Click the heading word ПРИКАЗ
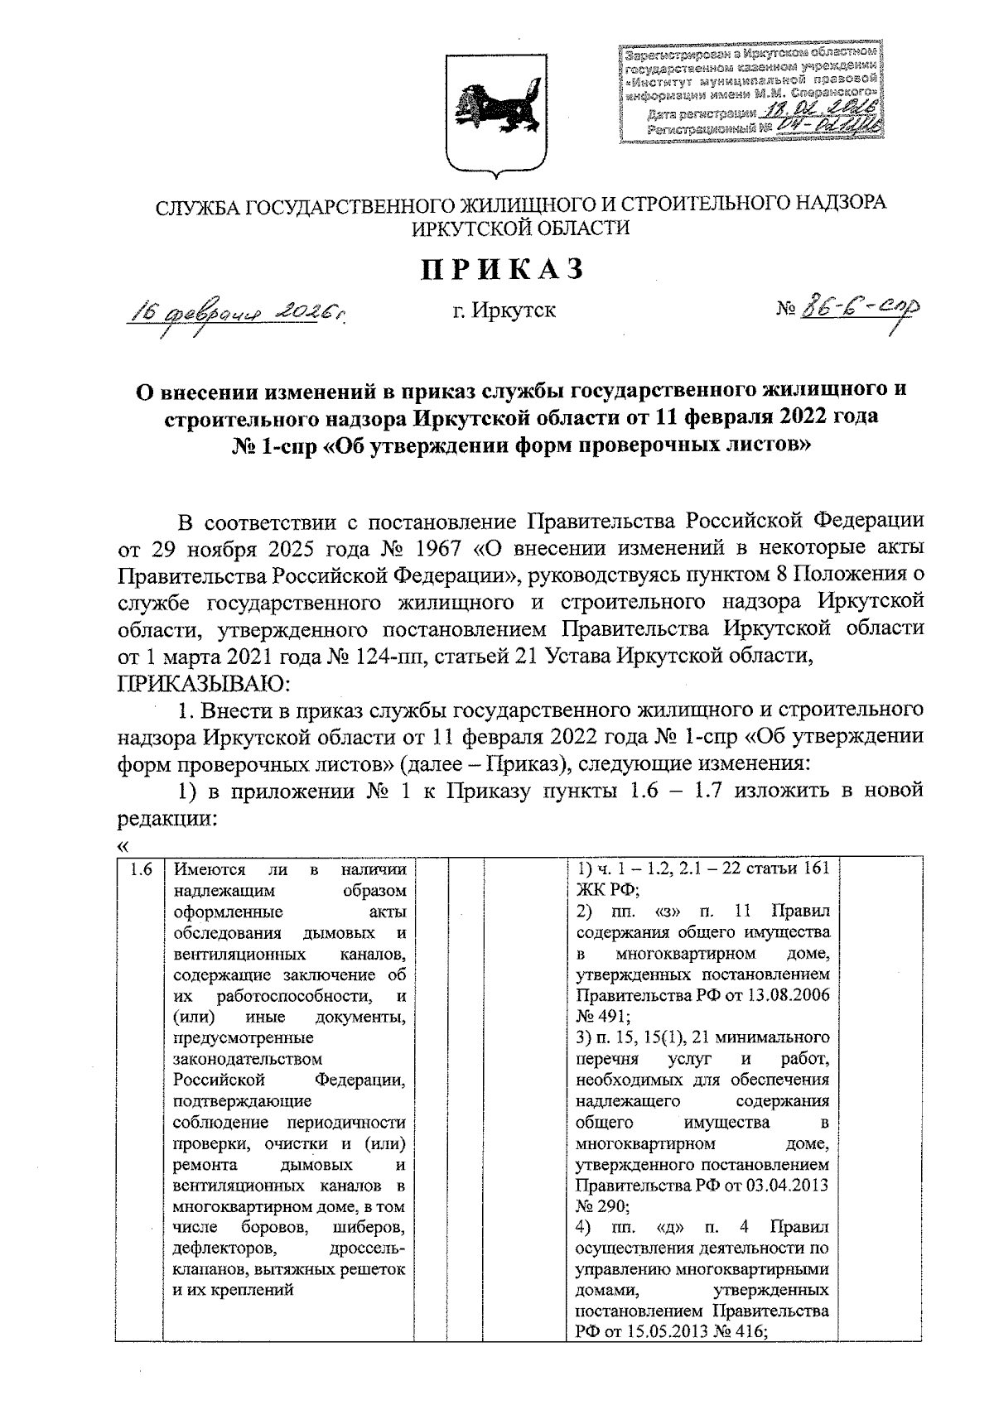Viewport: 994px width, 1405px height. click(x=503, y=268)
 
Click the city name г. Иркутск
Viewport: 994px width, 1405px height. click(x=504, y=311)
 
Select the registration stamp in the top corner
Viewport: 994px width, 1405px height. click(x=751, y=94)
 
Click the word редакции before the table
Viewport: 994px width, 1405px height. click(x=166, y=819)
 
